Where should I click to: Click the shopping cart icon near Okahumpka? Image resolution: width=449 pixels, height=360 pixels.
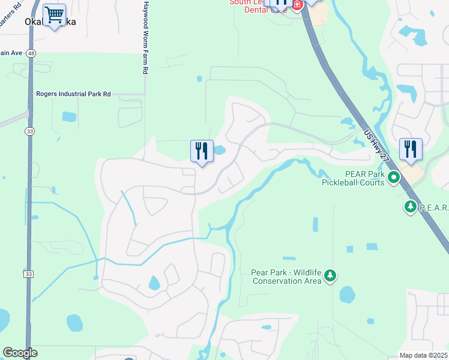54,15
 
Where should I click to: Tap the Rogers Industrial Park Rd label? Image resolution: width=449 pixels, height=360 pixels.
74,94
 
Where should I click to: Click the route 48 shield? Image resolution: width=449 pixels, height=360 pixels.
31,53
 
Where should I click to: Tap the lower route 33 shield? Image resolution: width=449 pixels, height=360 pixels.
28,274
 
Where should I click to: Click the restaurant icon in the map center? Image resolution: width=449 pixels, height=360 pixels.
202,151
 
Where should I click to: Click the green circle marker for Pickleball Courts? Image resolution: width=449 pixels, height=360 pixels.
394,177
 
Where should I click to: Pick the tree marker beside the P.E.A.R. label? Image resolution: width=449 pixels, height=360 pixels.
411,207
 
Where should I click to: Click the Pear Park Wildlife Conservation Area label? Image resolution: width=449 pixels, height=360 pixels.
286,276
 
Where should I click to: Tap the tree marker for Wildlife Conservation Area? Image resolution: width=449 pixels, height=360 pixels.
330,275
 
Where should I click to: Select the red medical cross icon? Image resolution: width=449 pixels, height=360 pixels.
297,4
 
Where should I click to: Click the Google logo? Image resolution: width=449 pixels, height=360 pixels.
20,353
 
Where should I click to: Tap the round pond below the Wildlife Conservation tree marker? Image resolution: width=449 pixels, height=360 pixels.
347,295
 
